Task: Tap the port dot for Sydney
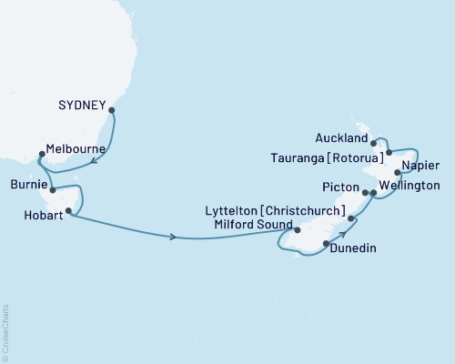point(112,111)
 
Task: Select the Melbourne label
point(77,148)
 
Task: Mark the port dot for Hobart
point(67,210)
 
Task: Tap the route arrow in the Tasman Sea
point(173,238)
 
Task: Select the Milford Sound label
point(248,226)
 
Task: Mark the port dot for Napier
point(397,172)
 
